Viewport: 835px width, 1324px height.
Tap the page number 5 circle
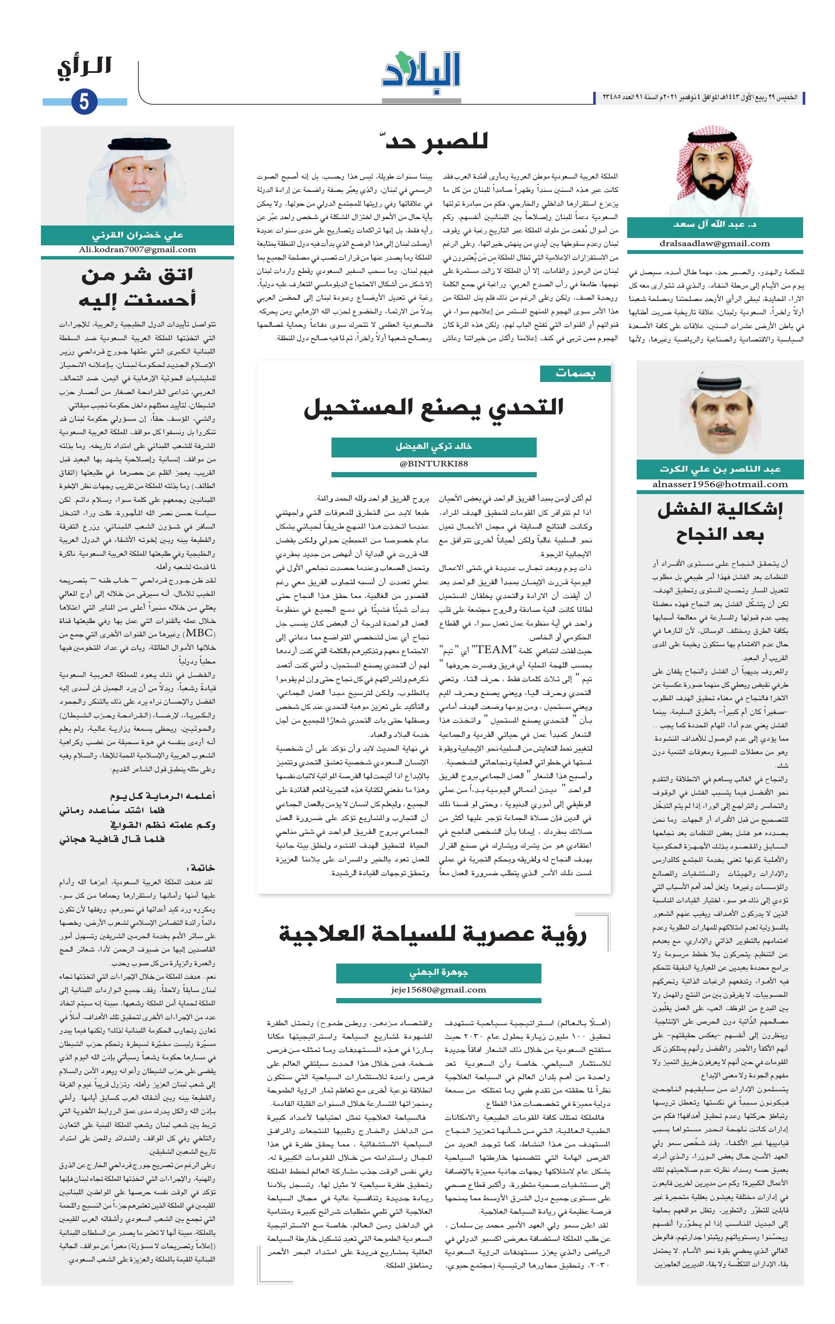coord(84,102)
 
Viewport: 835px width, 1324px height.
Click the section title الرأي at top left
coord(84,67)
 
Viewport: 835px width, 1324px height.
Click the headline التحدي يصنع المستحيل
coord(434,407)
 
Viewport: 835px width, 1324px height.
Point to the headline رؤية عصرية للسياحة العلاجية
coord(433,934)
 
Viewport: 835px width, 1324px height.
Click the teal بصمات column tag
coord(575,373)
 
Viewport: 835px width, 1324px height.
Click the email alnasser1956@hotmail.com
coord(720,485)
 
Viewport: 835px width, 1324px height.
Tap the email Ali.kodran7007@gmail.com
coord(138,250)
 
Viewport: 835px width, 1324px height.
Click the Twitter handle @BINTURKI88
coord(434,463)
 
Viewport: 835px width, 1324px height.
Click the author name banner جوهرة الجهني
coord(438,973)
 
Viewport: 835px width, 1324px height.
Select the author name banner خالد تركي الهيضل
coord(434,447)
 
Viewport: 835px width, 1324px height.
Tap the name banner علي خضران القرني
coord(138,235)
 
